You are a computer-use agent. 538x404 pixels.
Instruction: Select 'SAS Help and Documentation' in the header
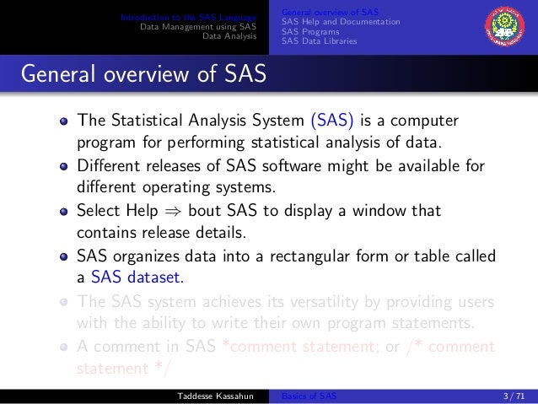(x=340, y=21)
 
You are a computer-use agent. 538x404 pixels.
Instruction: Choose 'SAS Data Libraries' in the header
(x=319, y=40)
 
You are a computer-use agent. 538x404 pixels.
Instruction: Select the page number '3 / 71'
(x=512, y=396)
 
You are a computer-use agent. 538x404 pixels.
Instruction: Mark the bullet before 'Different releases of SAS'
(x=63, y=165)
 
